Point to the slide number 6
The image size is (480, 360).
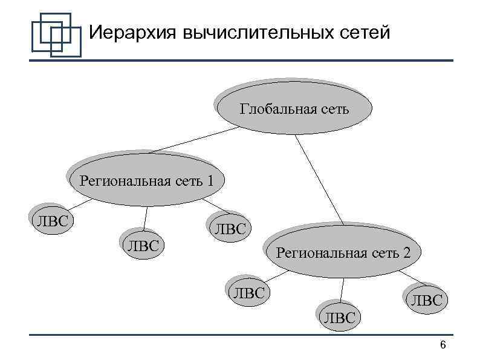point(443,345)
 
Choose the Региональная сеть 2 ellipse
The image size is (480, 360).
point(343,252)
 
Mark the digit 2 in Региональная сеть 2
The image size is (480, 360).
point(407,253)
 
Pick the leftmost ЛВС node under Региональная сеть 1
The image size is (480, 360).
point(50,219)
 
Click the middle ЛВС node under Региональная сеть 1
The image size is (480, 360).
point(141,244)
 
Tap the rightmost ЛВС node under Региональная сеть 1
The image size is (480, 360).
point(228,228)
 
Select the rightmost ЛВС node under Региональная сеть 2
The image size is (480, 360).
point(426,299)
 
